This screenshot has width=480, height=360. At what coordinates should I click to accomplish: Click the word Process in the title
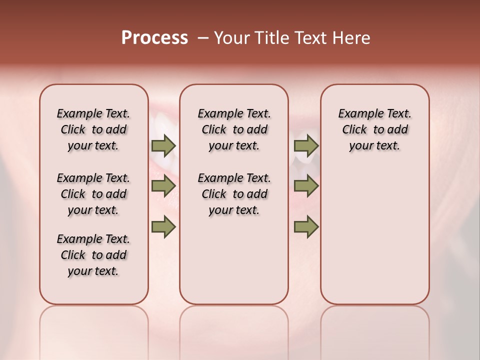point(154,38)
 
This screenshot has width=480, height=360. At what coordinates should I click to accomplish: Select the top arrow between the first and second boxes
point(163,146)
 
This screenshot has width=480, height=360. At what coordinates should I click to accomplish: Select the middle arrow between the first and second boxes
point(163,186)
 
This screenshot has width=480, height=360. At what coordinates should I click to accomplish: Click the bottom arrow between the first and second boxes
point(163,226)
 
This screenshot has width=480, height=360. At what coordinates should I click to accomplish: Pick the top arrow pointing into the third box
point(306,146)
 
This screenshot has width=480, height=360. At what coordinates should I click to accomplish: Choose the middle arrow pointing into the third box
point(306,186)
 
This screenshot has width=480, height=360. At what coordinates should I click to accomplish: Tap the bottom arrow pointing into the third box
point(306,226)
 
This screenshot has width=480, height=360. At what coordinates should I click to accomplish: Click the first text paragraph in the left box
point(93,129)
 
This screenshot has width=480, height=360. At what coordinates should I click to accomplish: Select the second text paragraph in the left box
point(93,194)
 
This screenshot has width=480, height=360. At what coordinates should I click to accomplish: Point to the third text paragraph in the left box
point(93,255)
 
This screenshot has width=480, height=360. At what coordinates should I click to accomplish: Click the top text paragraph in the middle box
point(234,129)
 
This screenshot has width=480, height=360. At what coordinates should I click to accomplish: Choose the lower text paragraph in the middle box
point(234,194)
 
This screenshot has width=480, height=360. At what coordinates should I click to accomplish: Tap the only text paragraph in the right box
point(374,129)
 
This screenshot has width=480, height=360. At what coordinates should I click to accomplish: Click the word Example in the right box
point(357,114)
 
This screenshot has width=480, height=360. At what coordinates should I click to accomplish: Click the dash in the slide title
point(203,38)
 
